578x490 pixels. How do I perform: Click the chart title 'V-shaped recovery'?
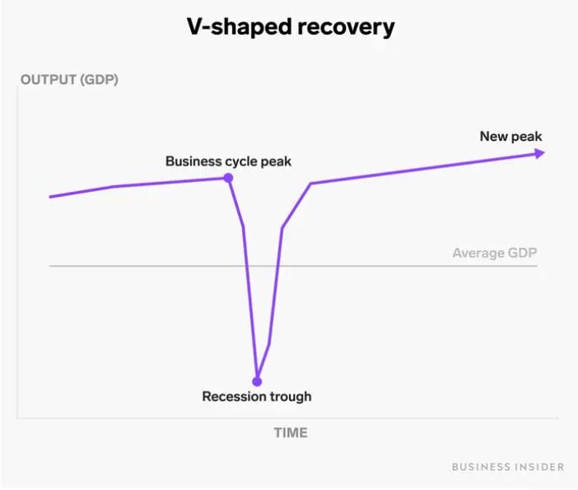(x=288, y=26)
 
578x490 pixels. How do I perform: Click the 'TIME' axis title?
(x=291, y=432)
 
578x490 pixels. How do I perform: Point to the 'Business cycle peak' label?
(x=228, y=161)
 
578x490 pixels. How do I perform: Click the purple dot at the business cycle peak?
(x=228, y=178)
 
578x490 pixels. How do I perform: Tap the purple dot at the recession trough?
(x=257, y=381)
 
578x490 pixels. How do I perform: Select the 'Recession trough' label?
(x=257, y=397)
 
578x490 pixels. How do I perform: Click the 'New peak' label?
(x=510, y=136)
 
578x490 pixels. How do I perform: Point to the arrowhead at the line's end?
(x=539, y=153)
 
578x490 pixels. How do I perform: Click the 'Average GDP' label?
(x=494, y=253)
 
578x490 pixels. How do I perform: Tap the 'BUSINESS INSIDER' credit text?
(x=508, y=467)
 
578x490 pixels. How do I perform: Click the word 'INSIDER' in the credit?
(x=539, y=467)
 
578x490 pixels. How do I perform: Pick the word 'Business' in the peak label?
(x=191, y=161)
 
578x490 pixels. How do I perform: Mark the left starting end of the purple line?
(x=51, y=197)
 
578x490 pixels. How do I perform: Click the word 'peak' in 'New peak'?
(x=527, y=136)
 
